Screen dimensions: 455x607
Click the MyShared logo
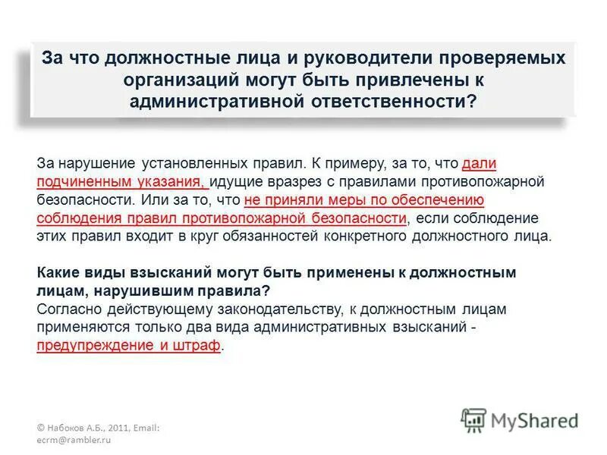click(519, 419)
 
